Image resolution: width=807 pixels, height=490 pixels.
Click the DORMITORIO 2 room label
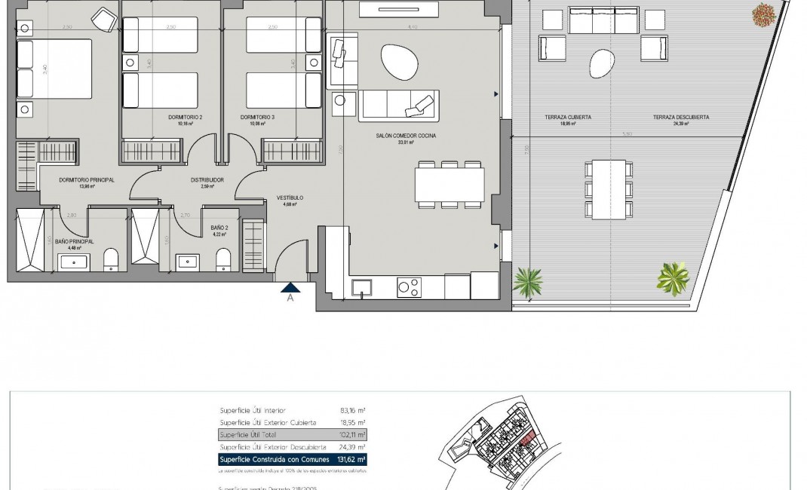click(x=186, y=118)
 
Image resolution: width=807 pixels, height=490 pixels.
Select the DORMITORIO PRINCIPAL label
click(x=86, y=180)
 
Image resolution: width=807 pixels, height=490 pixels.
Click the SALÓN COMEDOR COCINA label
click(x=407, y=136)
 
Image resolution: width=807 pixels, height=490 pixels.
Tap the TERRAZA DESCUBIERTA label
click(x=681, y=118)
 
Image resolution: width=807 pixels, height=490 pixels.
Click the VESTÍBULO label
click(x=290, y=198)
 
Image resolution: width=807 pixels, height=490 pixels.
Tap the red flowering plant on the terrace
click(x=763, y=13)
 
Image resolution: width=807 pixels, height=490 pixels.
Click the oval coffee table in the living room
click(x=397, y=61)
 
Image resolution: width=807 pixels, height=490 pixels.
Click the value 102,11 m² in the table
click(x=352, y=435)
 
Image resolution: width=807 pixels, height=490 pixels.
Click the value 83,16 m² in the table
click(x=352, y=410)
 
